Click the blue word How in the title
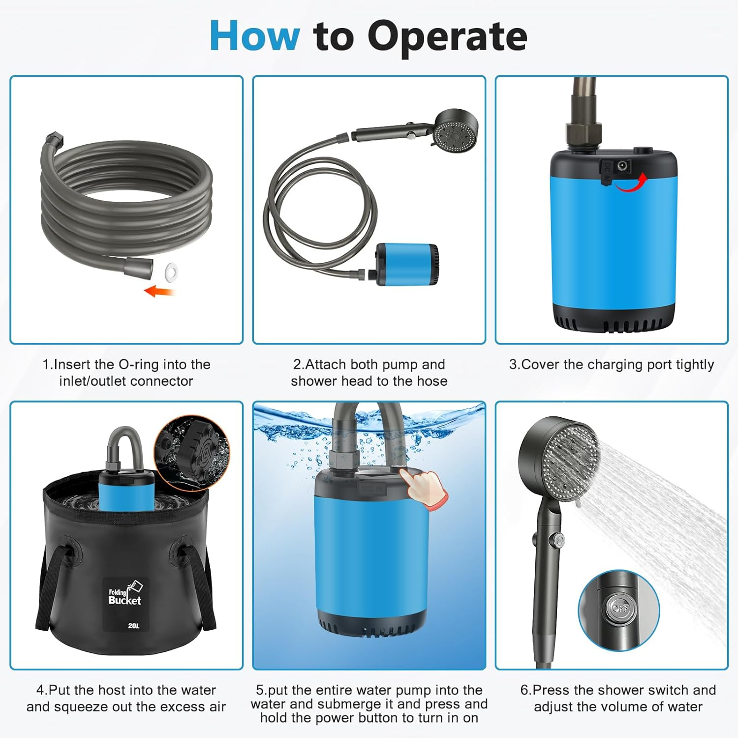tap(254, 35)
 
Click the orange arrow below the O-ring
tap(159, 291)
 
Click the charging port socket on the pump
tap(622, 166)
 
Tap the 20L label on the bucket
tap(133, 626)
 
